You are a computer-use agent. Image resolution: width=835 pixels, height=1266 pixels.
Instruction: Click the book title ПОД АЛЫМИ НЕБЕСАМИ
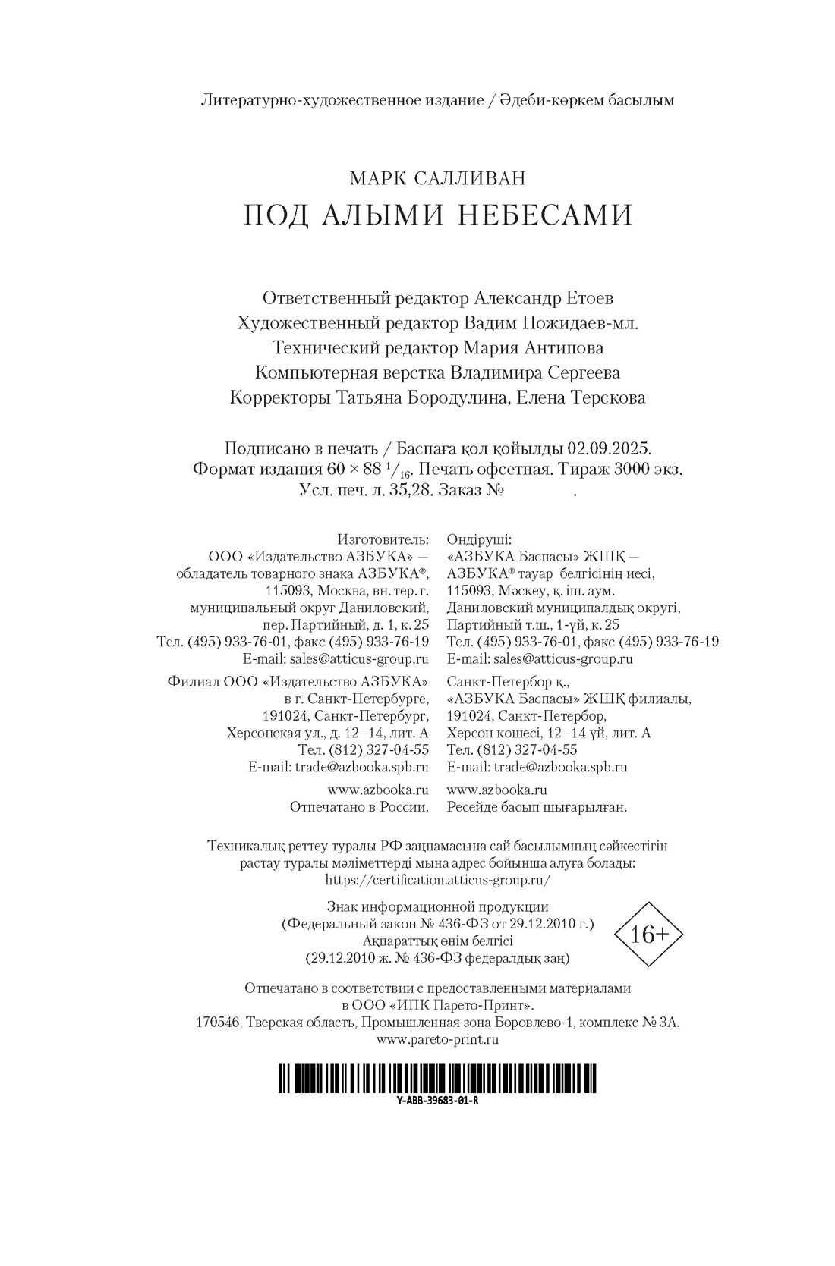[x=437, y=215]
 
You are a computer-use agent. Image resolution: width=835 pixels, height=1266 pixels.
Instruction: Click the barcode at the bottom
[x=436, y=1077]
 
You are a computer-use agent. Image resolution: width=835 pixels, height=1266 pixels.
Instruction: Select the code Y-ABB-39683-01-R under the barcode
[x=436, y=1101]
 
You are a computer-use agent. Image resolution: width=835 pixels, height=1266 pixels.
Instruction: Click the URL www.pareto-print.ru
[x=437, y=1040]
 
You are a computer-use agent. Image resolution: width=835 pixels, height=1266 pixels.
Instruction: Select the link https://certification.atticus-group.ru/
[x=437, y=880]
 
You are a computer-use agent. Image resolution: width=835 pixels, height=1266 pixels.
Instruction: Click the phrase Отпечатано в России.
[x=359, y=807]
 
